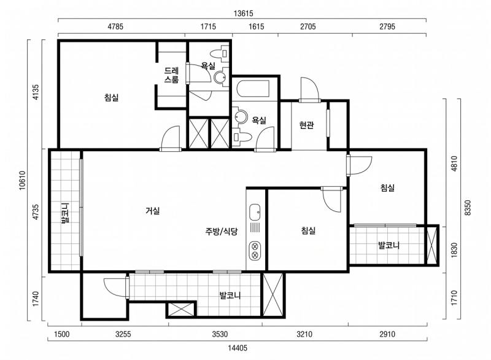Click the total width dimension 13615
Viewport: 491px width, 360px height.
[x=243, y=14]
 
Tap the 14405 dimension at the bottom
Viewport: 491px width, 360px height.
[x=238, y=348]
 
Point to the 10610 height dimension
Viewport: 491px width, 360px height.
[x=22, y=181]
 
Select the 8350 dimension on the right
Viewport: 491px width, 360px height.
[x=468, y=208]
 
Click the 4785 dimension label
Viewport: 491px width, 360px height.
[x=115, y=26]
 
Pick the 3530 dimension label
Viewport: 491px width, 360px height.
[x=220, y=334]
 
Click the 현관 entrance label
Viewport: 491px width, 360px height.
[x=306, y=125]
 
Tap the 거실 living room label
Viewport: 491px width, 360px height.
[x=153, y=211]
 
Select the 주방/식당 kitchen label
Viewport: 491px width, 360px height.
[x=222, y=231]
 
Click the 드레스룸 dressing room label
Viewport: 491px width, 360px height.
[x=172, y=75]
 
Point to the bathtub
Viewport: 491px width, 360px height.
[x=253, y=89]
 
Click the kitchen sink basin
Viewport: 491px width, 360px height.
[x=255, y=212]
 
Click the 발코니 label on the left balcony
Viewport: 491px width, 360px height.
[x=65, y=213]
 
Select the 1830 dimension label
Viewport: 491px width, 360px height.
[x=454, y=250]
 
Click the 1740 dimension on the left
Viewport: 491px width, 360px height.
[x=36, y=299]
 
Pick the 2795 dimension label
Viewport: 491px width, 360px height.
[x=387, y=26]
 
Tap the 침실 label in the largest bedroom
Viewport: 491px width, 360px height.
[x=112, y=98]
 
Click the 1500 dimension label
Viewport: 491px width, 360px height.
[x=62, y=334]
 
